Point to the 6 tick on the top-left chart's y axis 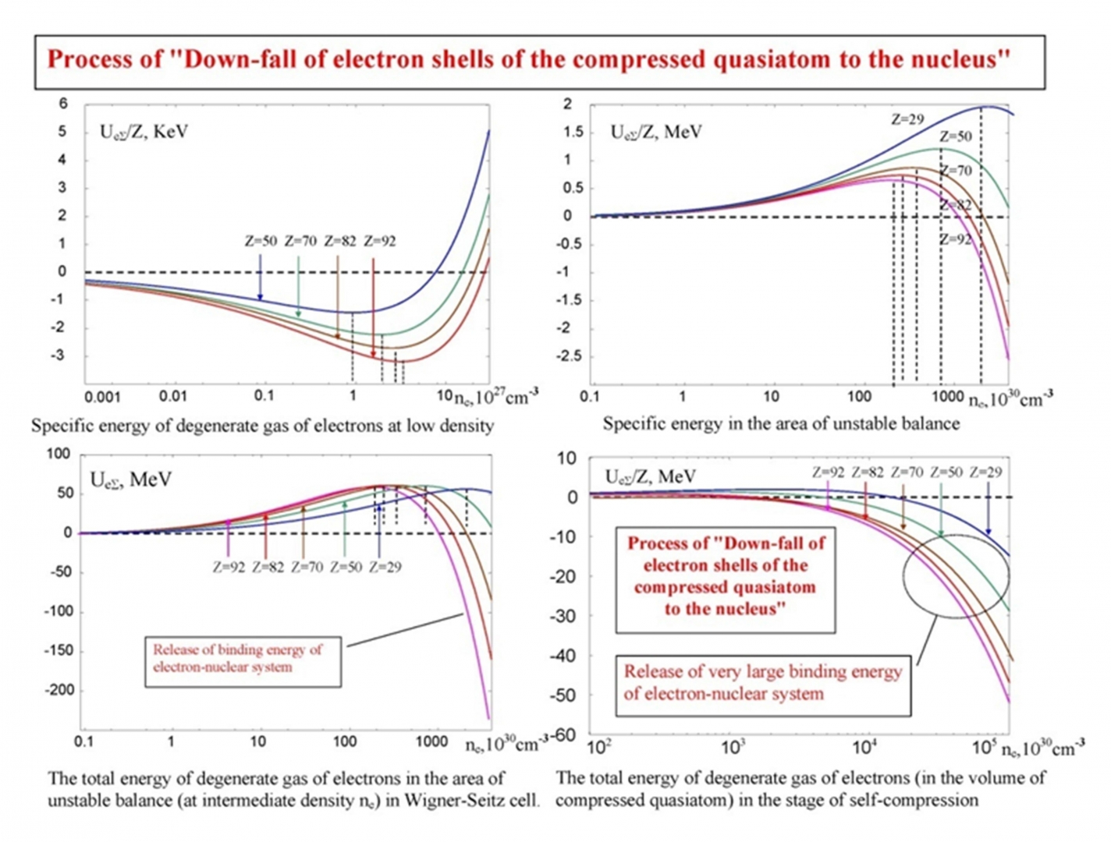pyautogui.click(x=63, y=104)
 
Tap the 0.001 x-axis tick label pyautogui.click(x=102, y=397)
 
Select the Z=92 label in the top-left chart pyautogui.click(x=379, y=241)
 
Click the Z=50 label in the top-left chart pyautogui.click(x=261, y=241)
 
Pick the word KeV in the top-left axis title pyautogui.click(x=170, y=132)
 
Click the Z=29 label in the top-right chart pyautogui.click(x=907, y=119)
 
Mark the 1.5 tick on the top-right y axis pyautogui.click(x=573, y=132)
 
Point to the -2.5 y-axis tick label pyautogui.click(x=570, y=356)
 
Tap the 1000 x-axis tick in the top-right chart pyautogui.click(x=948, y=396)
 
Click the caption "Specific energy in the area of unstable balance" pyautogui.click(x=781, y=423)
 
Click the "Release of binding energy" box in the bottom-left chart pyautogui.click(x=243, y=659)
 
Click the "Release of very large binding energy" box pyautogui.click(x=763, y=683)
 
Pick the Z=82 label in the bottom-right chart pyautogui.click(x=867, y=472)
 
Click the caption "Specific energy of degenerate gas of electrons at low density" pyautogui.click(x=262, y=426)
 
